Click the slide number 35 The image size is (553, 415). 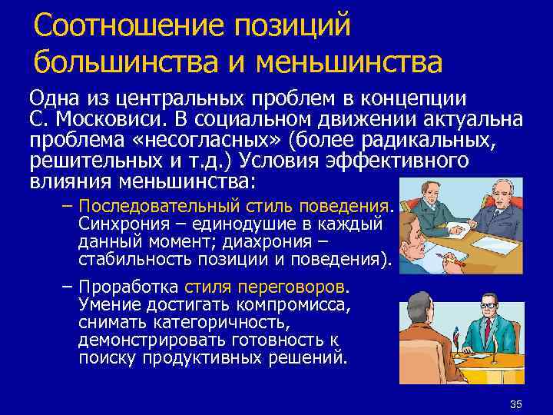515,404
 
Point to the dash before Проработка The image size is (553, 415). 66,287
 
